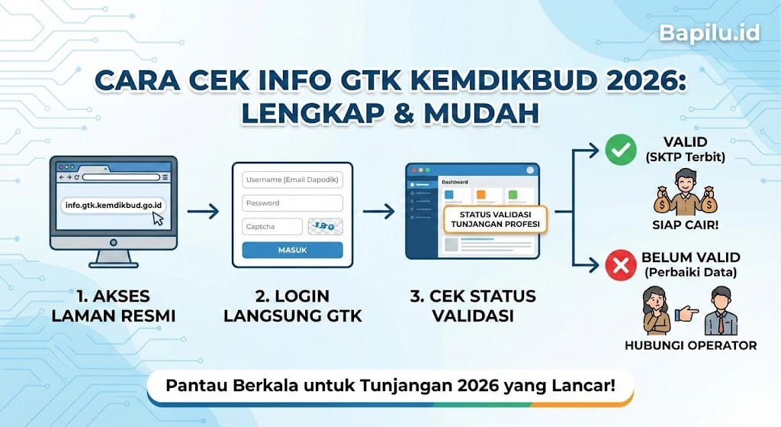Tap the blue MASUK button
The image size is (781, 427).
pos(293,250)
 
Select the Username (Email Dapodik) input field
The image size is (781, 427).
pos(293,180)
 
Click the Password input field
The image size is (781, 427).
pos(293,203)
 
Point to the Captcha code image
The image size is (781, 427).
pos(326,226)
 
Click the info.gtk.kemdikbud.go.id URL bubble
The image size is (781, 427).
pos(116,205)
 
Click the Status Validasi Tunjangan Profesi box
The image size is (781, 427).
pos(495,218)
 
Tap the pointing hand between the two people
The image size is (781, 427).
pos(688,312)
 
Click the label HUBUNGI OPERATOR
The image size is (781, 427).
pos(699,345)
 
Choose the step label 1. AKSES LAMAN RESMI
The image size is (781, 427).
pos(113,305)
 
